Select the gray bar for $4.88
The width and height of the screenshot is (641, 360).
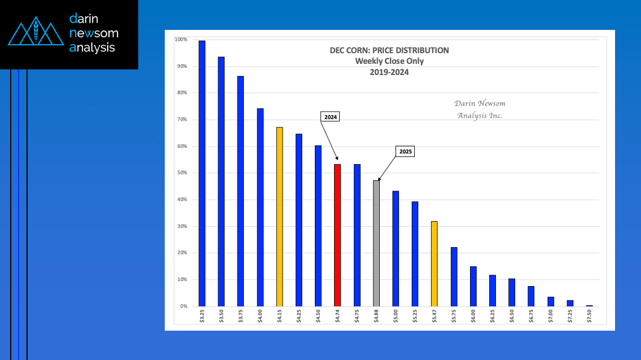click(x=376, y=243)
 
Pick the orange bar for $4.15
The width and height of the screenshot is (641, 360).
click(x=279, y=217)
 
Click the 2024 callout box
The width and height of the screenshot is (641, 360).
click(x=330, y=117)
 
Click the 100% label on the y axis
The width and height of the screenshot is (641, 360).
click(x=181, y=39)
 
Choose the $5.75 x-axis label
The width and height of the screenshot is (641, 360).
click(x=454, y=314)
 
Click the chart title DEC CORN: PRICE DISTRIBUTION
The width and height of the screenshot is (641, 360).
click(x=389, y=50)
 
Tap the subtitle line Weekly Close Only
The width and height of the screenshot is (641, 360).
click(x=389, y=61)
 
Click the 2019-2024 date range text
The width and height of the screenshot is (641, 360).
click(x=389, y=72)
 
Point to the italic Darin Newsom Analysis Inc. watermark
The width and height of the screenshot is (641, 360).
click(x=479, y=109)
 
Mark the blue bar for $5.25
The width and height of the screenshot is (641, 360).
click(x=415, y=254)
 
